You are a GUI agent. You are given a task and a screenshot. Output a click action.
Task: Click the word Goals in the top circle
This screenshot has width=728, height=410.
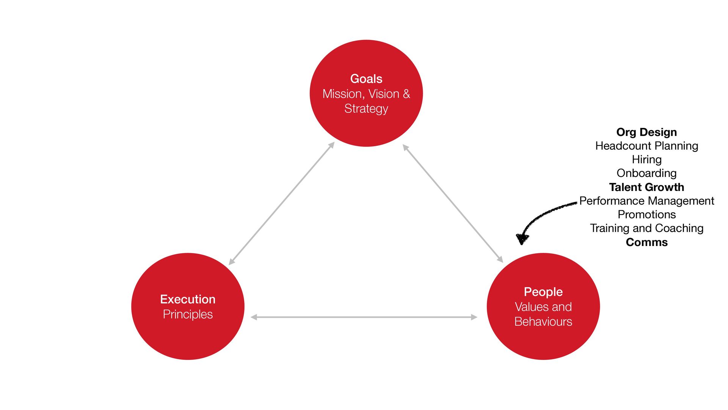point(366,79)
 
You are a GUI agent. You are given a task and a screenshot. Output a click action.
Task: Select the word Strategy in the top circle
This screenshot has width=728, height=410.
point(366,109)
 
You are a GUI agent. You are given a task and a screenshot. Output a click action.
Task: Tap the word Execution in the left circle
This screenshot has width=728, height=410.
point(188,299)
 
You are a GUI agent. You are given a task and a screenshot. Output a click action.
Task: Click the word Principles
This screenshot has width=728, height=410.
point(188,314)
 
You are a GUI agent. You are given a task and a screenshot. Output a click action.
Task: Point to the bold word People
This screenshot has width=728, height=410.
point(543,292)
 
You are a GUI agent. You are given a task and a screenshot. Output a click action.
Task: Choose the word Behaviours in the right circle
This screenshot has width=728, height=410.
point(543,322)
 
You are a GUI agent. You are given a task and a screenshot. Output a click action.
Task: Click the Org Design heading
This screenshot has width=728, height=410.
point(646,132)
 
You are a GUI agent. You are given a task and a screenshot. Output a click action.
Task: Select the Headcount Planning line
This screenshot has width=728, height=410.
point(646,146)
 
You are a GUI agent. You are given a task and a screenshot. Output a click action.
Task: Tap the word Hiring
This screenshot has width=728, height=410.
point(646,160)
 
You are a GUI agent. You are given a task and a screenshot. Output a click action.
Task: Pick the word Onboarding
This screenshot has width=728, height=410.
point(646,173)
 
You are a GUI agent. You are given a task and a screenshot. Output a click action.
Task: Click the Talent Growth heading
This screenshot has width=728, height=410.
point(646,187)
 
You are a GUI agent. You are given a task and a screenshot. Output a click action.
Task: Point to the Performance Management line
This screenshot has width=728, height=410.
point(646,201)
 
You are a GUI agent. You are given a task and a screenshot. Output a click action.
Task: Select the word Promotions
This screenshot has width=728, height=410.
point(646,214)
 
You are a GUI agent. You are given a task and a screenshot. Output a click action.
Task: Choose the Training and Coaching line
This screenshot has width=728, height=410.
point(646,229)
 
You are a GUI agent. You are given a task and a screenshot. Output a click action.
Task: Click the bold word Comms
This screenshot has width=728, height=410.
point(646,242)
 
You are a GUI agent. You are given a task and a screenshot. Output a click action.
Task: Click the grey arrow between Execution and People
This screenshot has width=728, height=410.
point(364,317)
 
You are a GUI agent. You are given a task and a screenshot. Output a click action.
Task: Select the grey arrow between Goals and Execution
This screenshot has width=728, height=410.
point(282,203)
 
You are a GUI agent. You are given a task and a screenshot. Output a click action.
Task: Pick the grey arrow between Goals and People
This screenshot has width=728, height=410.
point(453,203)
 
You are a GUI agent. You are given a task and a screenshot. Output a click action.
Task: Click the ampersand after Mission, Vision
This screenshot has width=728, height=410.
point(406,94)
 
